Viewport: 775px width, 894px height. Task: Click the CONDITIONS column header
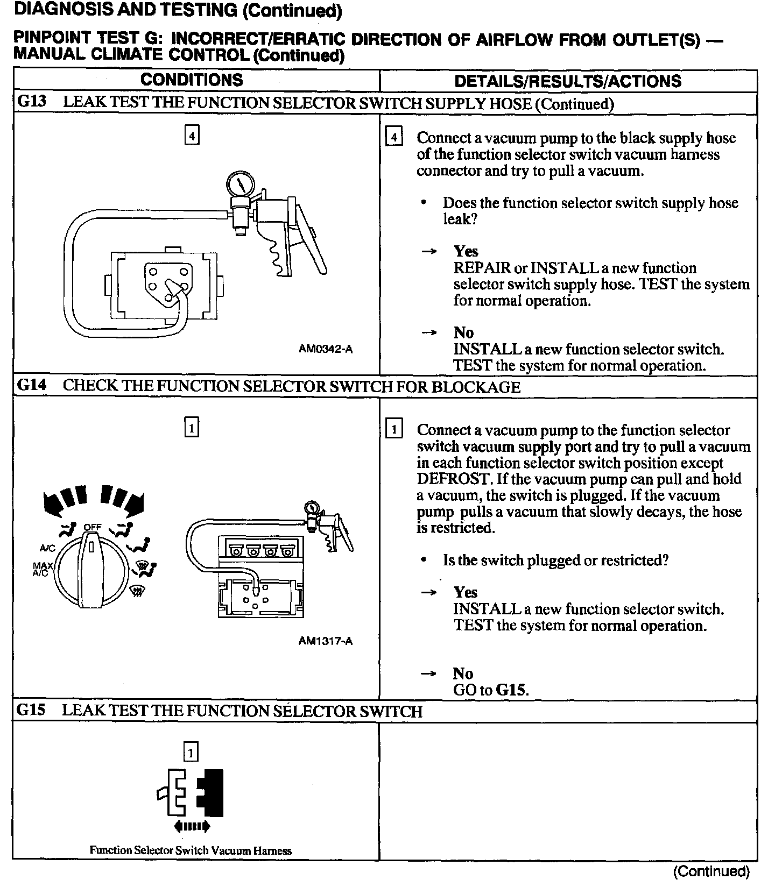[x=192, y=80]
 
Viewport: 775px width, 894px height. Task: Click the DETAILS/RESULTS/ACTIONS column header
[x=568, y=81]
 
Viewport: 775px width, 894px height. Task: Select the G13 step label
[x=32, y=102]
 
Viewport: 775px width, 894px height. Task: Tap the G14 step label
[x=32, y=386]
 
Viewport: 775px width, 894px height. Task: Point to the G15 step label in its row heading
[x=31, y=710]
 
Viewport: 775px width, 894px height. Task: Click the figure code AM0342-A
[x=326, y=349]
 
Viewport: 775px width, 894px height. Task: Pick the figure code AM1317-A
[x=326, y=641]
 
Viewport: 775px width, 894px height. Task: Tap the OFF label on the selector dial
[x=92, y=527]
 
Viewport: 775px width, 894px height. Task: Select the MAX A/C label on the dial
[x=41, y=569]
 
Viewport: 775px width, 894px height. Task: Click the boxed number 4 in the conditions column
[x=192, y=136]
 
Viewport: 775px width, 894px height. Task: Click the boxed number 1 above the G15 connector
[x=191, y=751]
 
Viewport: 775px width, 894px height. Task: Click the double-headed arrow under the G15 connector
[x=192, y=826]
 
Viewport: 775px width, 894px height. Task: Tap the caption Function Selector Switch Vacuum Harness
[x=191, y=850]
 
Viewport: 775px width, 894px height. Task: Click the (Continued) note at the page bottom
[x=710, y=871]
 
